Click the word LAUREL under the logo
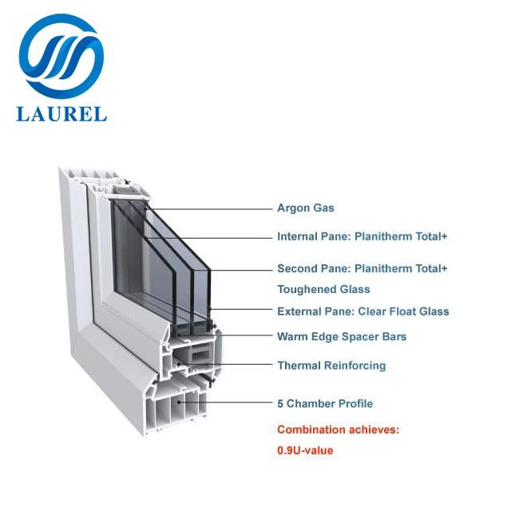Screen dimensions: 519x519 (61, 113)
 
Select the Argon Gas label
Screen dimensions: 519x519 (306, 208)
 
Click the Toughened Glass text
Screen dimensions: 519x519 (323, 290)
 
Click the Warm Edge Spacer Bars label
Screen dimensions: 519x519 (342, 337)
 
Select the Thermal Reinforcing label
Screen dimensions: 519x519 (331, 366)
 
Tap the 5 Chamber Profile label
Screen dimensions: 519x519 (325, 404)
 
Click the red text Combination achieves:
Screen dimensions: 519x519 (338, 430)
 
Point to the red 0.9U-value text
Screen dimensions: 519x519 (305, 450)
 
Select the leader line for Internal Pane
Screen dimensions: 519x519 (216, 236)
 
